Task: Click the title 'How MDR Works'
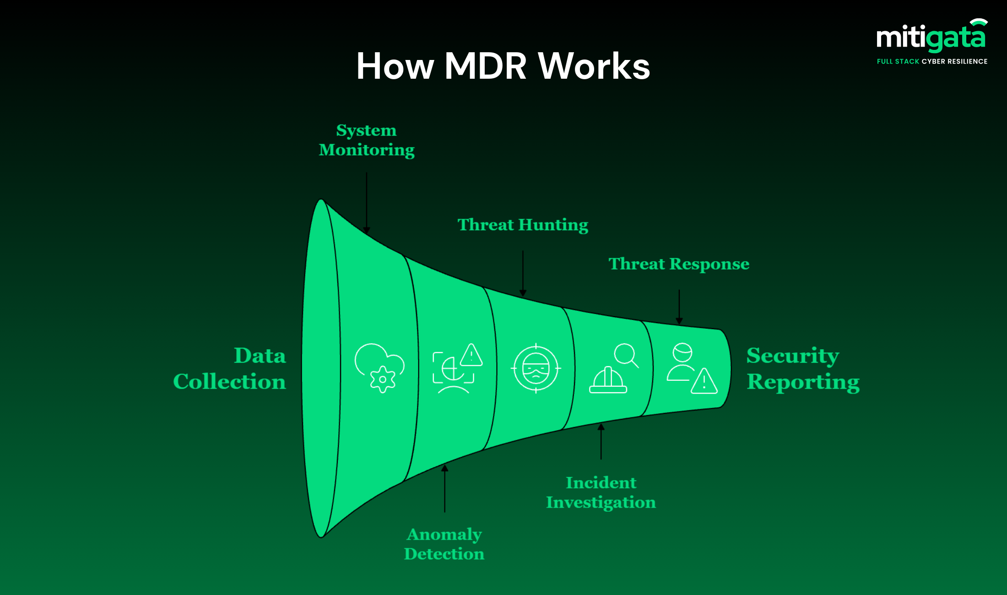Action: [x=503, y=66]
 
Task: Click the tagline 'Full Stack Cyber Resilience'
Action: [x=932, y=61]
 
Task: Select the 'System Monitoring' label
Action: [x=367, y=140]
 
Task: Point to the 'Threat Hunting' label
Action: [x=523, y=225]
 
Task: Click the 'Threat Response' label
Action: [x=679, y=264]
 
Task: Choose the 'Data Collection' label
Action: [x=230, y=368]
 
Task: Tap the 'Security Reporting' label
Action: [x=803, y=368]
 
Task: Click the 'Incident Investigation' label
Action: [x=601, y=492]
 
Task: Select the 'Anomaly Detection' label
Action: [x=444, y=544]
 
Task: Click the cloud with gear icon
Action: [x=379, y=368]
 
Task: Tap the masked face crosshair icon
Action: [x=536, y=368]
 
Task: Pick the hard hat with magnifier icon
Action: [x=613, y=368]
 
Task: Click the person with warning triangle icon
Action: [x=692, y=368]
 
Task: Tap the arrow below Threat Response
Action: [x=679, y=307]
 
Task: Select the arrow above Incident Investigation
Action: [x=601, y=441]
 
